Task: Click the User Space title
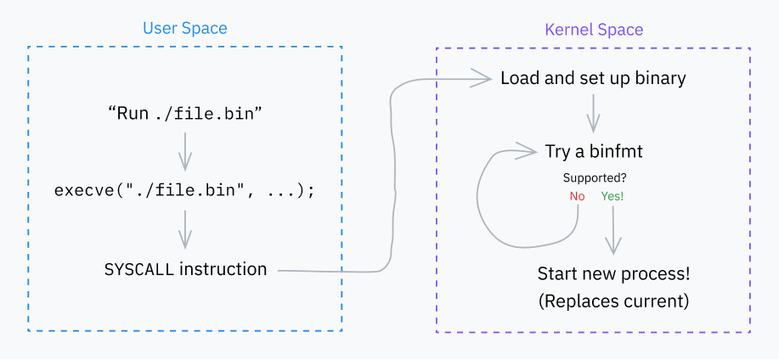pyautogui.click(x=184, y=28)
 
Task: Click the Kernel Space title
pyautogui.click(x=593, y=30)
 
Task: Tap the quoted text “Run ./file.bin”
pyautogui.click(x=183, y=113)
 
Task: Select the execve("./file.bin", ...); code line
pyautogui.click(x=184, y=190)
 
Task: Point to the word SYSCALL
pyautogui.click(x=138, y=270)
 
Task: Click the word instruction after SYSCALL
pyautogui.click(x=223, y=270)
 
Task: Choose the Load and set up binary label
pyautogui.click(x=593, y=79)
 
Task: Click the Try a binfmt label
pyautogui.click(x=594, y=152)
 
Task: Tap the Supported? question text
pyautogui.click(x=596, y=178)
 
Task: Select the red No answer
pyautogui.click(x=578, y=196)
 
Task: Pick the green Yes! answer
pyautogui.click(x=612, y=196)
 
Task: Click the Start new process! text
pyautogui.click(x=613, y=274)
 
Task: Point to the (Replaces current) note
pyautogui.click(x=613, y=301)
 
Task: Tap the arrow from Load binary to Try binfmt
pyautogui.click(x=594, y=115)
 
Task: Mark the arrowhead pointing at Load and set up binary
pyautogui.click(x=485, y=79)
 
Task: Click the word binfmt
pyautogui.click(x=618, y=152)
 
